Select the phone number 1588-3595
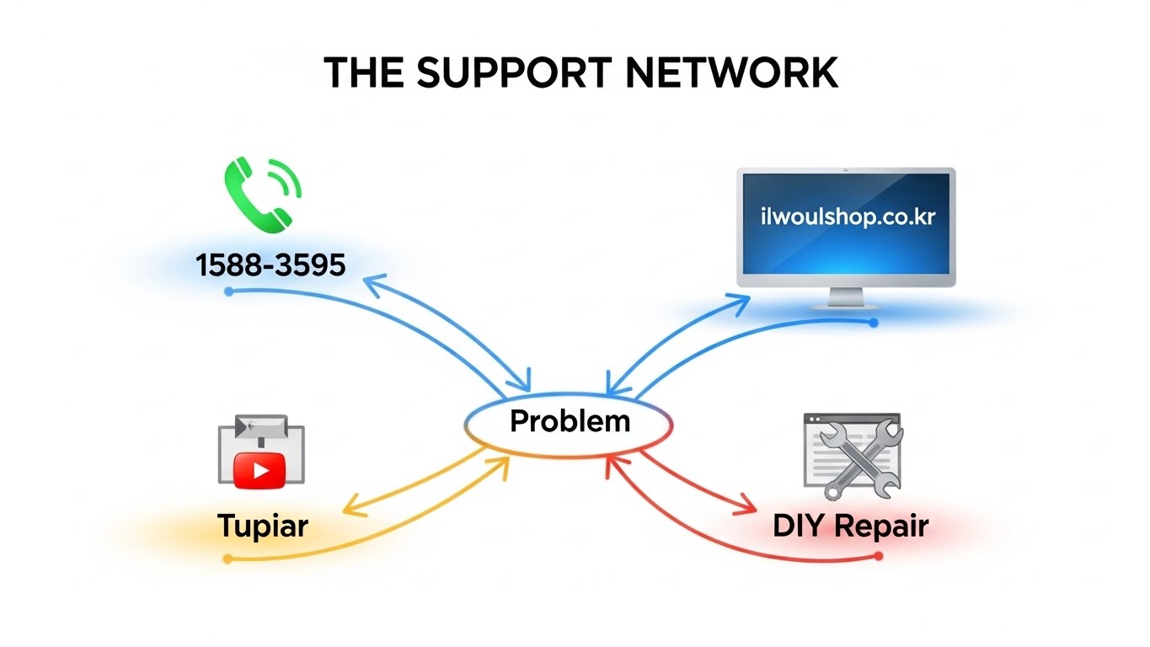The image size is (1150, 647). pos(270,265)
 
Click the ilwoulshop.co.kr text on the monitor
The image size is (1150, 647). pos(846,217)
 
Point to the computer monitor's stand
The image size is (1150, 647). pos(846,298)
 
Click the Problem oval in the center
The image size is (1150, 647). pos(570,420)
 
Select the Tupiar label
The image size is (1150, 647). pos(263,527)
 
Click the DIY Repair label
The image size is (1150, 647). pos(850,527)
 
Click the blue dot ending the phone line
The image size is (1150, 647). pos(228,291)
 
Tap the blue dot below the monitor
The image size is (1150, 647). pos(874,323)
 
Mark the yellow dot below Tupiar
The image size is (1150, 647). pos(227,559)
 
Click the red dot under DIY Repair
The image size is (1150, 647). pos(879,556)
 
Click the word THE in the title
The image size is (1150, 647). pos(364,73)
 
